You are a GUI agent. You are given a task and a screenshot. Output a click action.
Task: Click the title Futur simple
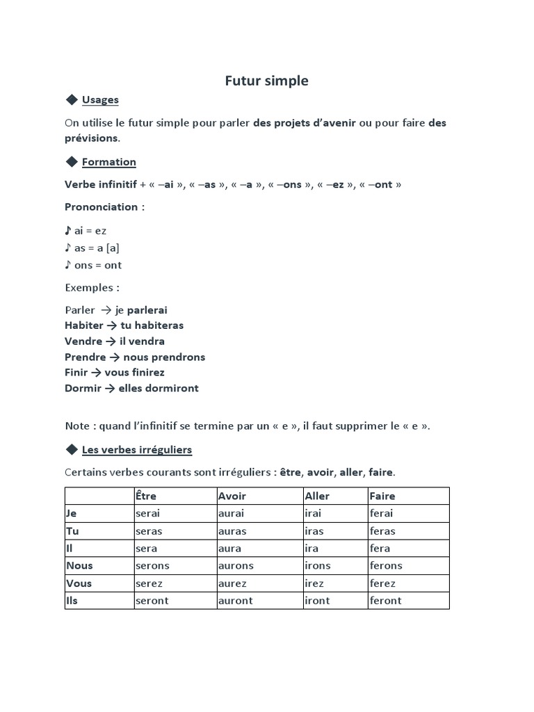[x=266, y=81]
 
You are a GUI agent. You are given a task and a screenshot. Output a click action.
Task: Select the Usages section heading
[x=100, y=99]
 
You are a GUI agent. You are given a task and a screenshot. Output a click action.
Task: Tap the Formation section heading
[x=108, y=162]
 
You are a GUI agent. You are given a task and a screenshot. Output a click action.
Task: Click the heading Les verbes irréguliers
[x=136, y=450]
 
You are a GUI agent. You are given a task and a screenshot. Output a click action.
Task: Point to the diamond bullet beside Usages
[x=71, y=99]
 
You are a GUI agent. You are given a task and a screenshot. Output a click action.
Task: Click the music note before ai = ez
[x=67, y=230]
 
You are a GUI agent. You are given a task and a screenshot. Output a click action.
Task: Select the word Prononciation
[x=101, y=207]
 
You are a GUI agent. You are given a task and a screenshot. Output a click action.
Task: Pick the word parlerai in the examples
[x=147, y=310]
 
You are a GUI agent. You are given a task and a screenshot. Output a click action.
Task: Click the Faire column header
[x=382, y=496]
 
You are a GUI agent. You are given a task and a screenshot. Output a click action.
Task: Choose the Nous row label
[x=79, y=565]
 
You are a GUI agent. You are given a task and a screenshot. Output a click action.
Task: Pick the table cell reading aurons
[x=236, y=565]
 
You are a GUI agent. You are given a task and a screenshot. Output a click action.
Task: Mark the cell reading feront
[x=386, y=600]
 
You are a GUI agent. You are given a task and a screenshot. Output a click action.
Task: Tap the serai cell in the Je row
[x=147, y=513]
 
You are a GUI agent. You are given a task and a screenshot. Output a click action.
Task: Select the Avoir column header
[x=232, y=496]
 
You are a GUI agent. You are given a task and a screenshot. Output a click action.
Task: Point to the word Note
[x=77, y=426]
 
